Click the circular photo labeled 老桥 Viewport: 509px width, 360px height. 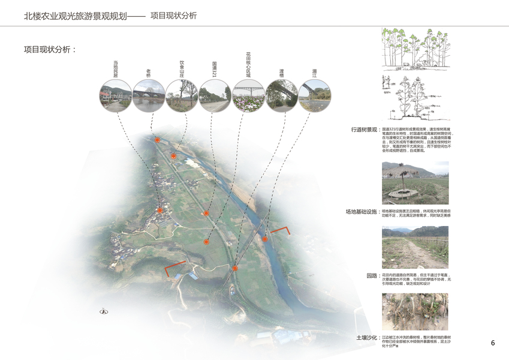tap(149, 95)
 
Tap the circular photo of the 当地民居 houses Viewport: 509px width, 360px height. tap(116, 95)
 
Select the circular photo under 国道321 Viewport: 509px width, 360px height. tap(215, 95)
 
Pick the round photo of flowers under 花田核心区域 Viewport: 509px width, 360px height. tap(248, 95)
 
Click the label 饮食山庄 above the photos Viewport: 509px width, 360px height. tap(182, 68)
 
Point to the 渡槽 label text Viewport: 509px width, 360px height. tap(281, 73)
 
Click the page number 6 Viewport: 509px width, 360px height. tap(493, 343)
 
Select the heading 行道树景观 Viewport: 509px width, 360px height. tap(364, 130)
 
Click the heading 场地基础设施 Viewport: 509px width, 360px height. tap(361, 212)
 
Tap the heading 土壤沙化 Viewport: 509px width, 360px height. tap(367, 338)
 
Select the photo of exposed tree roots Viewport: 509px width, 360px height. tap(415, 312)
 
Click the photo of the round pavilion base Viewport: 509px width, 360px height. tap(415, 182)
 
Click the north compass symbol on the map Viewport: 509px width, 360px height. tap(103, 311)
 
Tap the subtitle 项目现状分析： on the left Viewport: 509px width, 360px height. tap(50, 50)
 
